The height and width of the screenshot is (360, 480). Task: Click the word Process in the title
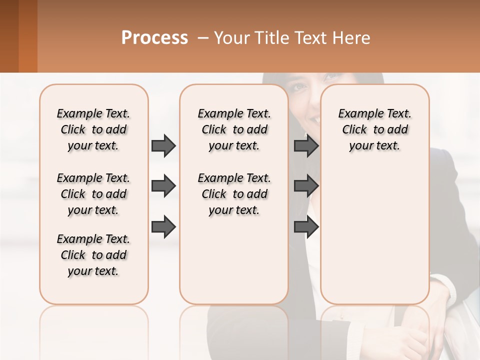tap(154, 37)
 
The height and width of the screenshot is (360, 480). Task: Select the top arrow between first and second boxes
tap(163, 145)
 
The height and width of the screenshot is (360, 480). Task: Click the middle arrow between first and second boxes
tap(163, 186)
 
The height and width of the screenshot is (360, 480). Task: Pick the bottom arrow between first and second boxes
tap(163, 227)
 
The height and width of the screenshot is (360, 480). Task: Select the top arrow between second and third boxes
tap(306, 145)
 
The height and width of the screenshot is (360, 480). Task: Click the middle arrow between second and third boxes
tap(306, 186)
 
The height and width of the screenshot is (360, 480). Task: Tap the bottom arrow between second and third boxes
tap(306, 227)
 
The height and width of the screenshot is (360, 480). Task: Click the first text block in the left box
tap(93, 129)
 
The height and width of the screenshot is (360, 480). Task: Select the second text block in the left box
tap(93, 194)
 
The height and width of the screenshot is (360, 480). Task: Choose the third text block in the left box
tap(93, 255)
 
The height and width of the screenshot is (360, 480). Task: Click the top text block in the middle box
tap(234, 129)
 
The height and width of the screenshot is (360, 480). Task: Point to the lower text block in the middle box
tap(234, 194)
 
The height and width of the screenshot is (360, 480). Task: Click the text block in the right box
tap(374, 129)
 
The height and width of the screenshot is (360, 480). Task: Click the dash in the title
tap(203, 37)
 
